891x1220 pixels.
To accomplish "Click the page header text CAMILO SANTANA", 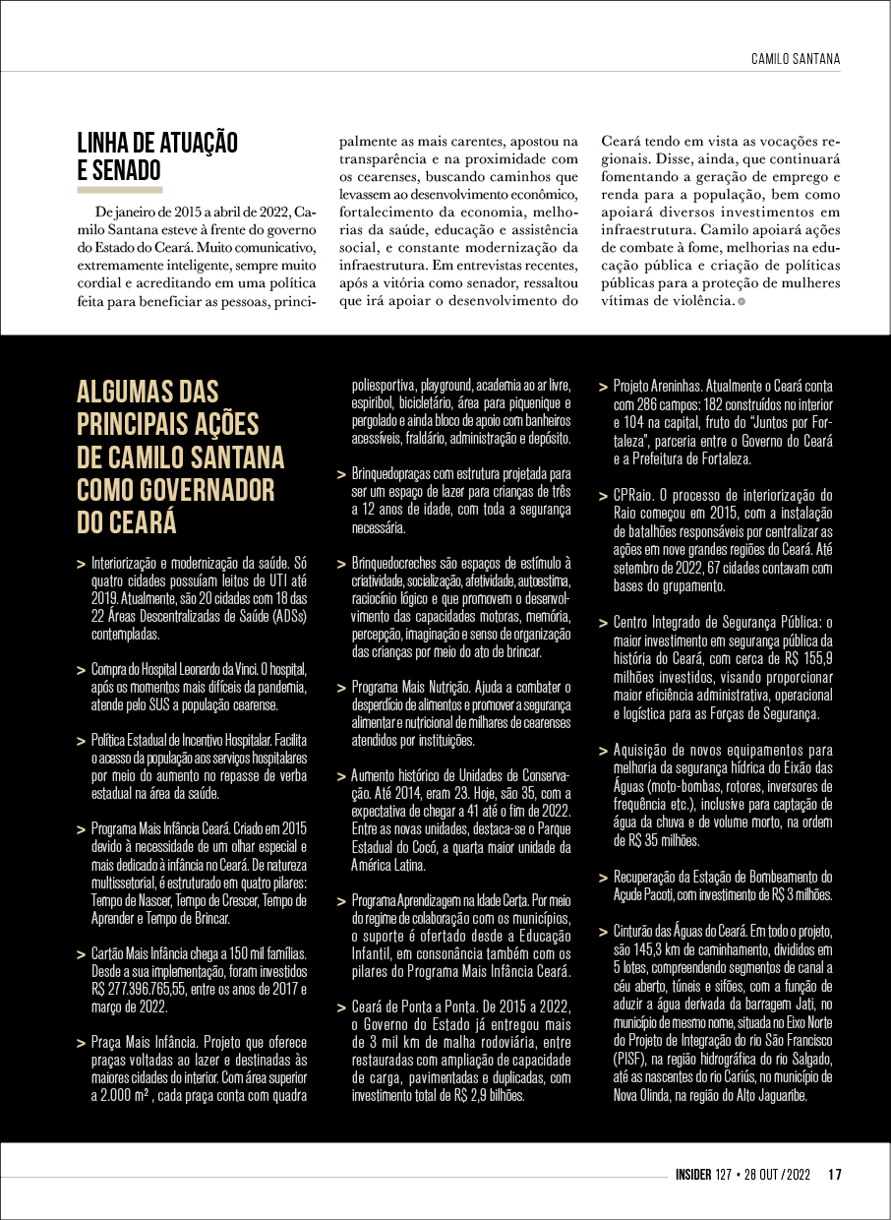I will pos(795,59).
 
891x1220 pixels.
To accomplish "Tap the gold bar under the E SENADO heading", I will pos(119,187).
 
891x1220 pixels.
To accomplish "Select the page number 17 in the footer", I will pos(834,1174).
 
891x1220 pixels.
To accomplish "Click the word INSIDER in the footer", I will pos(699,1174).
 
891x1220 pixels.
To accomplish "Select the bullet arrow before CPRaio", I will pos(603,496).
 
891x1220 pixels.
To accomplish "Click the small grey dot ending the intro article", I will pos(741,301).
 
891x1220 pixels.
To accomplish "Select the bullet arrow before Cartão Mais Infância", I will pos(80,955).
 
